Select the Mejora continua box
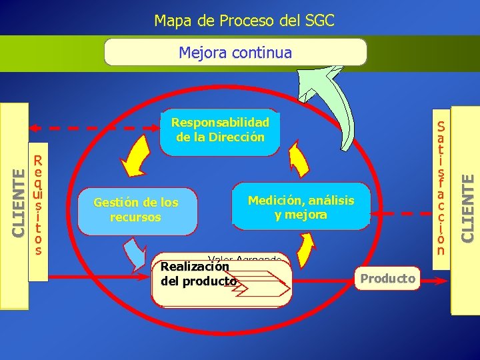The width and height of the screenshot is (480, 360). (x=235, y=52)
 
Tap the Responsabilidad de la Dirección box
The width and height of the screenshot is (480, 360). (x=221, y=131)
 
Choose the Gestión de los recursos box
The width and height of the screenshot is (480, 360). (x=137, y=209)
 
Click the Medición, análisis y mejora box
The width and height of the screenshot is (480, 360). (x=301, y=207)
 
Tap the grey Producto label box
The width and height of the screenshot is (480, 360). (x=387, y=278)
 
